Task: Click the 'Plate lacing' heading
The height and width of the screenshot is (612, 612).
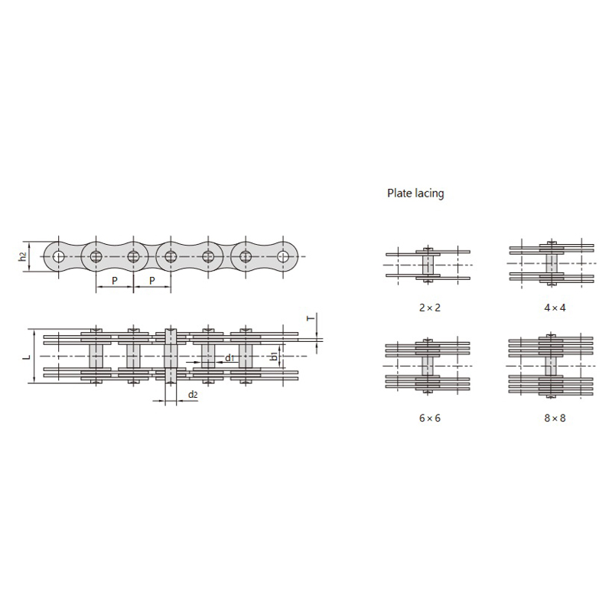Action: click(415, 194)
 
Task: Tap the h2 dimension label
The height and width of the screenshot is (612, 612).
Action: click(24, 256)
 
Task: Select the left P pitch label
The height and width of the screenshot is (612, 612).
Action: click(114, 280)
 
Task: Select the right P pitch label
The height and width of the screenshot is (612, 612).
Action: click(151, 280)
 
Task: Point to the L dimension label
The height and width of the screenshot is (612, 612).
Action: click(27, 356)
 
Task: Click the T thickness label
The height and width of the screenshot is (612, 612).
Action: click(311, 318)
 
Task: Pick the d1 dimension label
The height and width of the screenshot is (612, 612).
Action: click(229, 358)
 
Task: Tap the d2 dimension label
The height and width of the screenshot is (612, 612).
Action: click(193, 395)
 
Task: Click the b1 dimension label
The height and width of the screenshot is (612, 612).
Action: click(275, 356)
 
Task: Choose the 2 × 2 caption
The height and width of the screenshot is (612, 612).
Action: click(430, 308)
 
